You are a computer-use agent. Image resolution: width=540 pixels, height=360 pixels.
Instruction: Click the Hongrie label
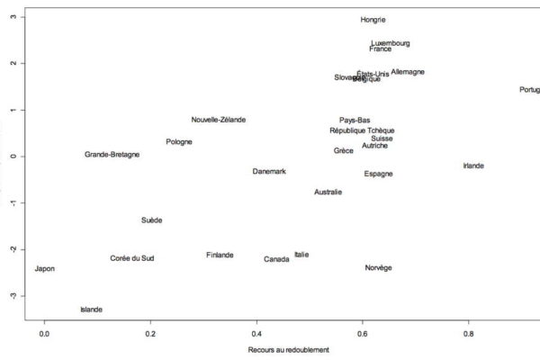(x=373, y=20)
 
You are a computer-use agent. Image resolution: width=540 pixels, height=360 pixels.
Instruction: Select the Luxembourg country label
(x=391, y=42)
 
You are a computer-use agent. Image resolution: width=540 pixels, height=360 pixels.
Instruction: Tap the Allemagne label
(x=408, y=72)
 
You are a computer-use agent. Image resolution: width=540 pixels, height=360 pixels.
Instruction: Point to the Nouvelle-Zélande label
(x=219, y=120)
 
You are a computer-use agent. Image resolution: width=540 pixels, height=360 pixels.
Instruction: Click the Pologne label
(x=179, y=142)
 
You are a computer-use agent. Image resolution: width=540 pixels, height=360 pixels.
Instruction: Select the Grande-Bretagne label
(x=112, y=155)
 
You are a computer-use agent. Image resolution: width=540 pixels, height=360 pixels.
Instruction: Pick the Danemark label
(x=269, y=172)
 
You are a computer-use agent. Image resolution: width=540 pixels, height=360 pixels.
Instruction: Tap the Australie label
(x=328, y=193)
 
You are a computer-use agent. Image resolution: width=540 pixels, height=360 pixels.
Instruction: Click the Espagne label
(x=379, y=174)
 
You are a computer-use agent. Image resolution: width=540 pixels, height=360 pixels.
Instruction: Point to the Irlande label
(x=473, y=166)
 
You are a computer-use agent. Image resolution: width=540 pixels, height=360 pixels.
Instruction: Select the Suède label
(x=152, y=220)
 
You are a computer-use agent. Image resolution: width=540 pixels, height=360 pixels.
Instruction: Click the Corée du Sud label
(x=132, y=259)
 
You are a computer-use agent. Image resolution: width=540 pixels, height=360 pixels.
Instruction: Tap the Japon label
(x=44, y=269)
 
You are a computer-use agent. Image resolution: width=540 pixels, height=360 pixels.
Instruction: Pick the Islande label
(x=91, y=310)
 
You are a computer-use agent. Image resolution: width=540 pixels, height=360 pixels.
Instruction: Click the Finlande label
(x=220, y=256)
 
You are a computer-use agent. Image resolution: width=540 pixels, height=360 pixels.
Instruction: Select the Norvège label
(x=378, y=268)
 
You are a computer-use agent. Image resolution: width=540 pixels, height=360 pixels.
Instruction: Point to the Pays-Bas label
(x=355, y=121)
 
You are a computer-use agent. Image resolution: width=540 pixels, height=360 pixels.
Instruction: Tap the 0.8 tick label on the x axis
(x=468, y=334)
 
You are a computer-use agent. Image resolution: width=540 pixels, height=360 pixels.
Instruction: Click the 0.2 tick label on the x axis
(x=150, y=334)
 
